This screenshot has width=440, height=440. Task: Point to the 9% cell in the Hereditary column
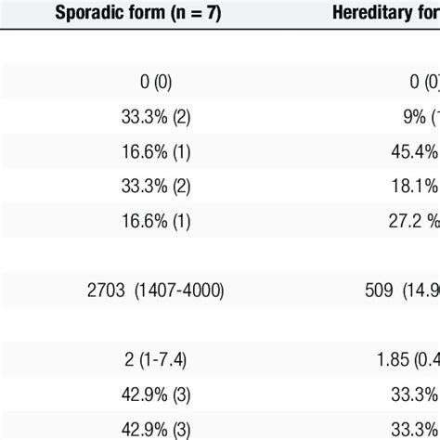click(x=415, y=118)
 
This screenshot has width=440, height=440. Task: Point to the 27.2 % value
click(x=414, y=219)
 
